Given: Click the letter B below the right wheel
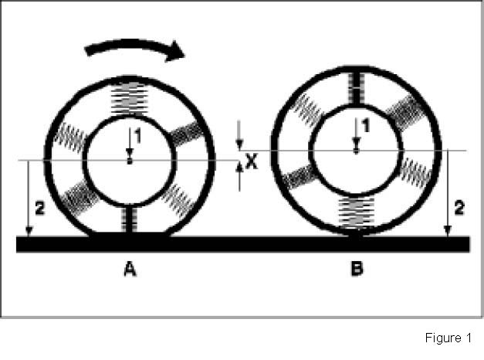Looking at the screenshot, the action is [x=356, y=270].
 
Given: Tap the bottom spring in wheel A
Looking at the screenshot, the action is [x=129, y=219].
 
